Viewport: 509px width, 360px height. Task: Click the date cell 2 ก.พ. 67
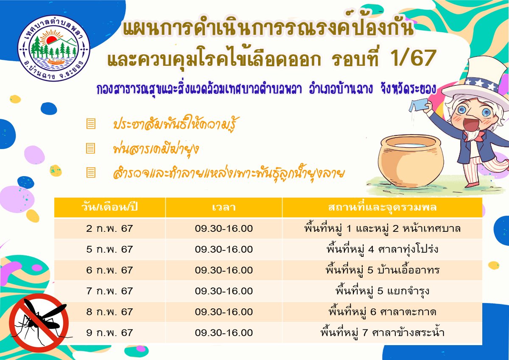tap(109, 228)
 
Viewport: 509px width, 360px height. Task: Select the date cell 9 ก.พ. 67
tap(109, 333)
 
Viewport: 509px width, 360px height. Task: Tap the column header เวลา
tap(224, 208)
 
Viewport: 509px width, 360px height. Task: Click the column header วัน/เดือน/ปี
tap(109, 208)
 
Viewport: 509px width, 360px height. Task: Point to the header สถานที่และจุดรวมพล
tap(382, 208)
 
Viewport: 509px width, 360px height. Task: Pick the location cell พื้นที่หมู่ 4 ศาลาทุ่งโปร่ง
tap(382, 249)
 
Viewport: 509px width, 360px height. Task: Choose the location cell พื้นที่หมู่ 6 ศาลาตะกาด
tap(382, 312)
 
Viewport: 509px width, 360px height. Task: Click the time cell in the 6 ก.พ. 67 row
tap(224, 270)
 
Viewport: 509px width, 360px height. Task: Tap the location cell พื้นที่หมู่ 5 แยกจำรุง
tap(382, 291)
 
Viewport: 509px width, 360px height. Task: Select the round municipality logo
tap(54, 49)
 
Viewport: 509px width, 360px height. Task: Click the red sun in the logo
tap(51, 39)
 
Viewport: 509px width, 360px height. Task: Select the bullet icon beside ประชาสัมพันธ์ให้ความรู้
tap(91, 124)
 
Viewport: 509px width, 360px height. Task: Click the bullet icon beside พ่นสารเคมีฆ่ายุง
tap(90, 148)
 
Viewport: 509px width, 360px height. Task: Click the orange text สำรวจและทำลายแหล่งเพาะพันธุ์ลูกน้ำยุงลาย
tap(229, 173)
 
